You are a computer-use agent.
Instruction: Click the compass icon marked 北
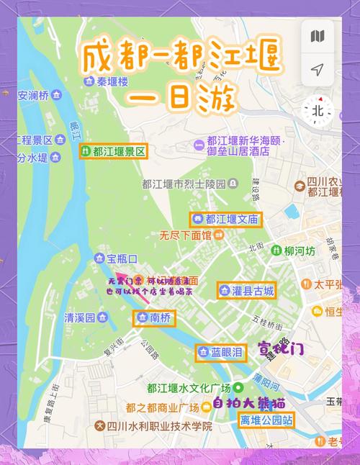point(318,110)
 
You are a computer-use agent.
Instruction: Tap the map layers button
point(317,36)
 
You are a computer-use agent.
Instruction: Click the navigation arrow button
point(317,69)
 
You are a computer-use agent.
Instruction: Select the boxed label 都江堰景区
point(114,151)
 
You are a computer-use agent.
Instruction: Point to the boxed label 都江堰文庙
point(226,220)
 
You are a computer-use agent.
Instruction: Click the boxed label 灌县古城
point(246,291)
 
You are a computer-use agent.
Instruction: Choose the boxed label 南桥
point(154,317)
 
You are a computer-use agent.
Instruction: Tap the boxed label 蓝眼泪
point(221,352)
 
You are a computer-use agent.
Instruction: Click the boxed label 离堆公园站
point(267,420)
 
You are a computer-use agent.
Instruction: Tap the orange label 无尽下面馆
point(186,235)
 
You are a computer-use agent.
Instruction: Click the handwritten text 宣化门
point(282,348)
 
